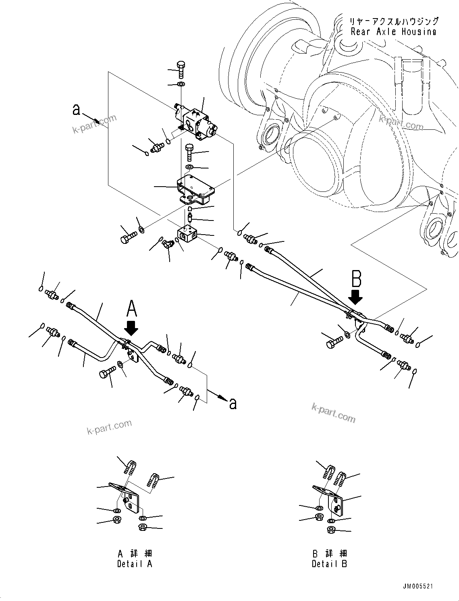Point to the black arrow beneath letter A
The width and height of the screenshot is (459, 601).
point(131,329)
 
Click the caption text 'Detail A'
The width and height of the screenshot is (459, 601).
point(135,564)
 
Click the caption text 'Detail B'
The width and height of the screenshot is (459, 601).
point(329,564)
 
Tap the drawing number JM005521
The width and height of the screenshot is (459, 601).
point(417,586)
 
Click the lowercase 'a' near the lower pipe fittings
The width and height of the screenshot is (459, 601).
point(233,403)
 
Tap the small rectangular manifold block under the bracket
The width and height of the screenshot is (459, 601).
point(187,235)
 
